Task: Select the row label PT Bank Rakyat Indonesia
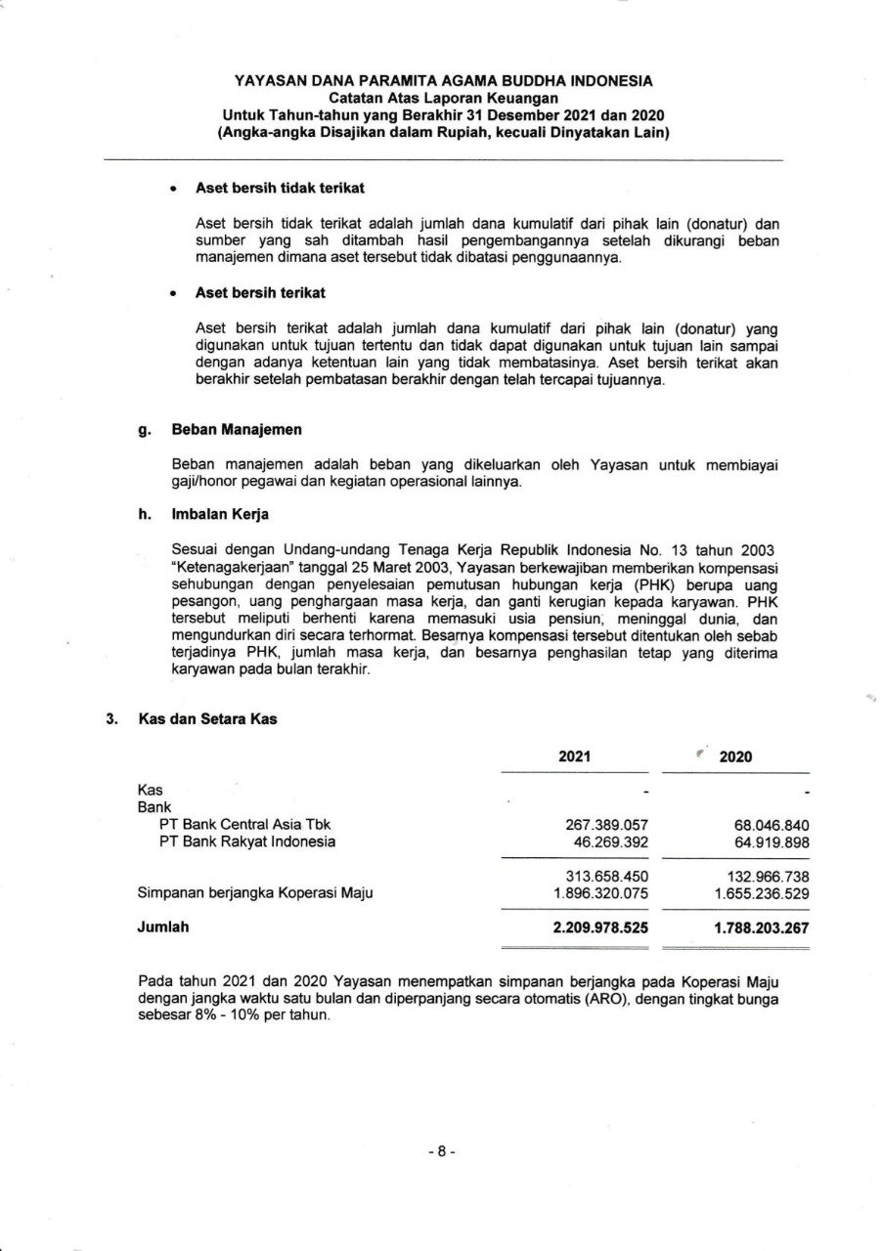246,841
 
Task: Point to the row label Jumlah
163,927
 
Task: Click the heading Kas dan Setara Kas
207,719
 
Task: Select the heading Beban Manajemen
237,429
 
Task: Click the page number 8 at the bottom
442,1151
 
